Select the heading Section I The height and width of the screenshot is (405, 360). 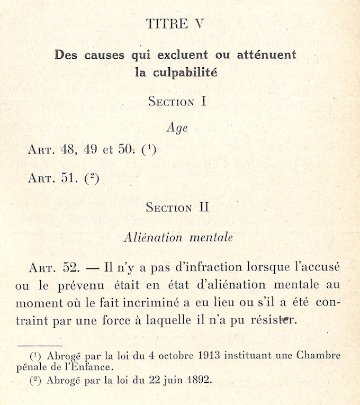click(x=177, y=101)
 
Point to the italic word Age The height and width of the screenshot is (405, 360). click(x=177, y=128)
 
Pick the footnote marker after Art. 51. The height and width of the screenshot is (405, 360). click(x=92, y=178)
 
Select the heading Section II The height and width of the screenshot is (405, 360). click(x=177, y=207)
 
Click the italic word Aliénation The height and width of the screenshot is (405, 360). click(x=152, y=238)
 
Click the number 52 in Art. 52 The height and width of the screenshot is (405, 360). click(x=71, y=268)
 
